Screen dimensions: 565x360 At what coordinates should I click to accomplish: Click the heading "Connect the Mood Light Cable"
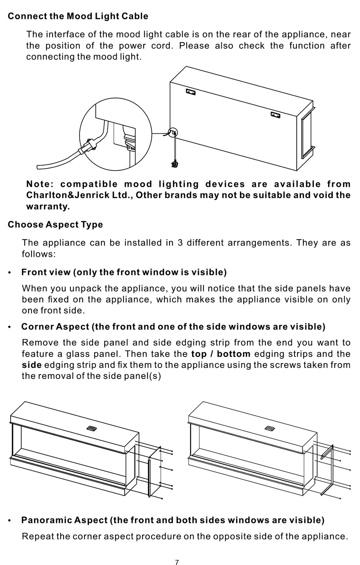[78, 16]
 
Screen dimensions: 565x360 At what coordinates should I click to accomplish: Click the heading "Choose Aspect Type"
[55, 225]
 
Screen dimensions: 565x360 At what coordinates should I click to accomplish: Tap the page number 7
[177, 562]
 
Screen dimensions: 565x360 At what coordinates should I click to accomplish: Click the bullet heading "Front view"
[46, 272]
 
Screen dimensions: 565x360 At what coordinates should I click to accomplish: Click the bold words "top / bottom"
[221, 354]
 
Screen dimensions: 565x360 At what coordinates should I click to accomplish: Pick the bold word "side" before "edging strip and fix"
[31, 365]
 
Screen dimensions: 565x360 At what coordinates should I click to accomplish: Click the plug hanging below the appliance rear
[175, 164]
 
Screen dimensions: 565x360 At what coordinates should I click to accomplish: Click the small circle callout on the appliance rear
[173, 133]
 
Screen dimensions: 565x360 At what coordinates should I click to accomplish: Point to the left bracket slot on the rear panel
[191, 92]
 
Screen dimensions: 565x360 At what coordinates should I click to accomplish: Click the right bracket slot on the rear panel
[275, 114]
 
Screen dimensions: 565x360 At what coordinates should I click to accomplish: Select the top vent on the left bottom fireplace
[91, 429]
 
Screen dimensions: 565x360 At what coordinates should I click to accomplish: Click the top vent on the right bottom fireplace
[270, 429]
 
